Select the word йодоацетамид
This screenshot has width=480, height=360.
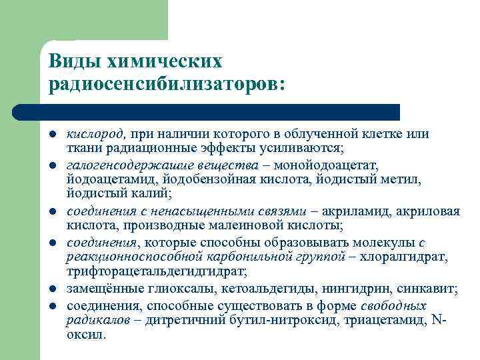(x=108, y=179)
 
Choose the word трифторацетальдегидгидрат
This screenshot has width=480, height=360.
(x=156, y=272)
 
